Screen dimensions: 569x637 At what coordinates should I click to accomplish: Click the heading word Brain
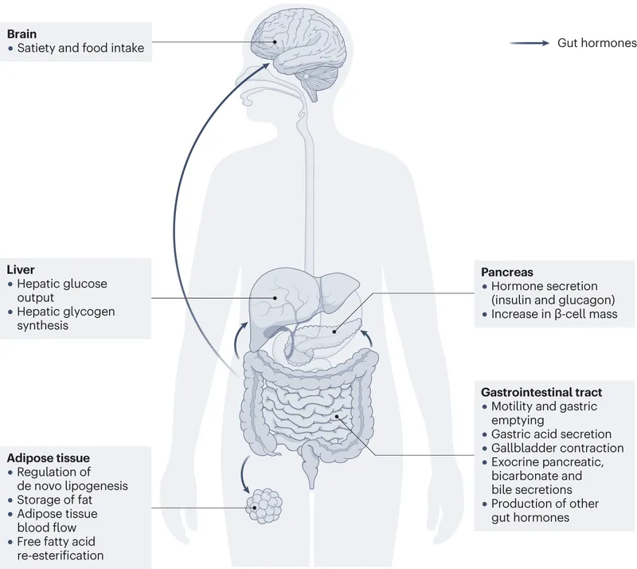click(x=22, y=34)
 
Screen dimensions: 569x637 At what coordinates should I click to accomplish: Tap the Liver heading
click(x=21, y=269)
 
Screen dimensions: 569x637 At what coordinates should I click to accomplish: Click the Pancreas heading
click(x=507, y=272)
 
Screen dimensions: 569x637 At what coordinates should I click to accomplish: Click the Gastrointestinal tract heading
click(x=541, y=392)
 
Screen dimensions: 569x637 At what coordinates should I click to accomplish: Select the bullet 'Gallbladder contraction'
click(x=551, y=448)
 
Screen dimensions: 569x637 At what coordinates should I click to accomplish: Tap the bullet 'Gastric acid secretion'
click(x=551, y=434)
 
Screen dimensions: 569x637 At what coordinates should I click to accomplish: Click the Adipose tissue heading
click(x=48, y=457)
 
